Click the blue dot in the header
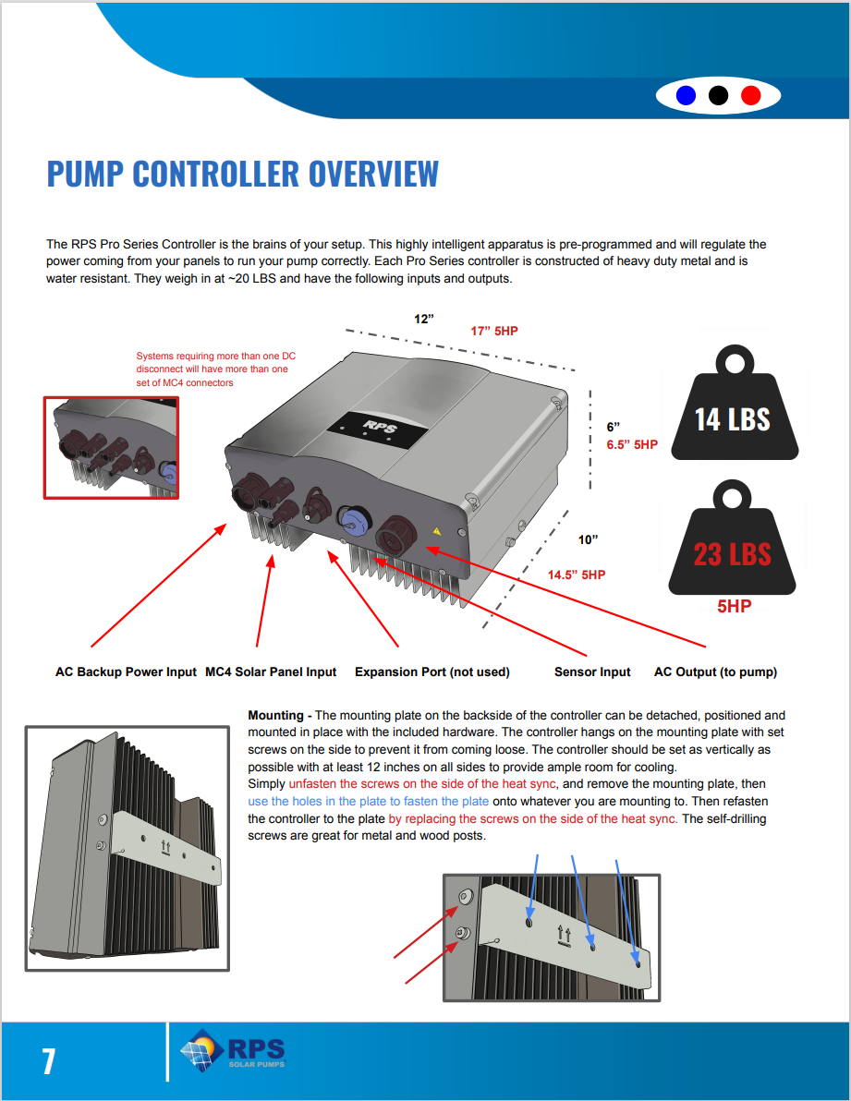pyautogui.click(x=686, y=95)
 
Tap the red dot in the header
pyautogui.click(x=750, y=95)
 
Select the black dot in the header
pyautogui.click(x=718, y=95)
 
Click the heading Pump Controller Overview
pyautogui.click(x=242, y=174)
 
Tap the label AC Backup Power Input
pyautogui.click(x=126, y=671)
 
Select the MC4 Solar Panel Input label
pyautogui.click(x=271, y=671)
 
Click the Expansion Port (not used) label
pyautogui.click(x=432, y=671)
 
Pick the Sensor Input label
pyautogui.click(x=592, y=671)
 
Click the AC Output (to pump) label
pyautogui.click(x=715, y=671)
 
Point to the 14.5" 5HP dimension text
pyautogui.click(x=577, y=575)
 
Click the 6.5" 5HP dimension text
pyautogui.click(x=632, y=444)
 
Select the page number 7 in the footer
pyautogui.click(x=48, y=1061)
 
